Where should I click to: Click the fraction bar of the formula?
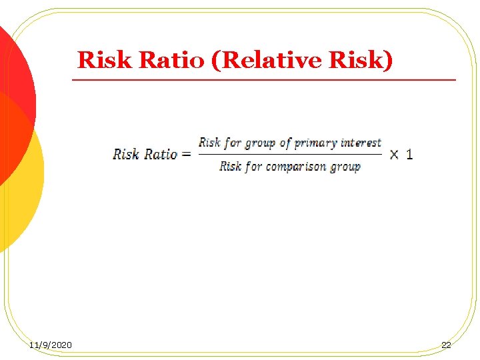point(290,155)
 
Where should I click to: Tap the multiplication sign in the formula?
point(395,155)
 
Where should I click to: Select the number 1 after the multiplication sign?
point(409,154)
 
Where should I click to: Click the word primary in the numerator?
point(316,143)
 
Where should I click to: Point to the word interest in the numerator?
point(361,143)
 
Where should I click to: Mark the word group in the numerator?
point(260,143)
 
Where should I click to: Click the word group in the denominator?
point(345,167)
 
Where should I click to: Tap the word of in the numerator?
point(285,143)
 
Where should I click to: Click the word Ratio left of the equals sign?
point(161,155)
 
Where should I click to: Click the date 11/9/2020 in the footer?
point(51,345)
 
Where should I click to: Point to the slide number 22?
point(446,345)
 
